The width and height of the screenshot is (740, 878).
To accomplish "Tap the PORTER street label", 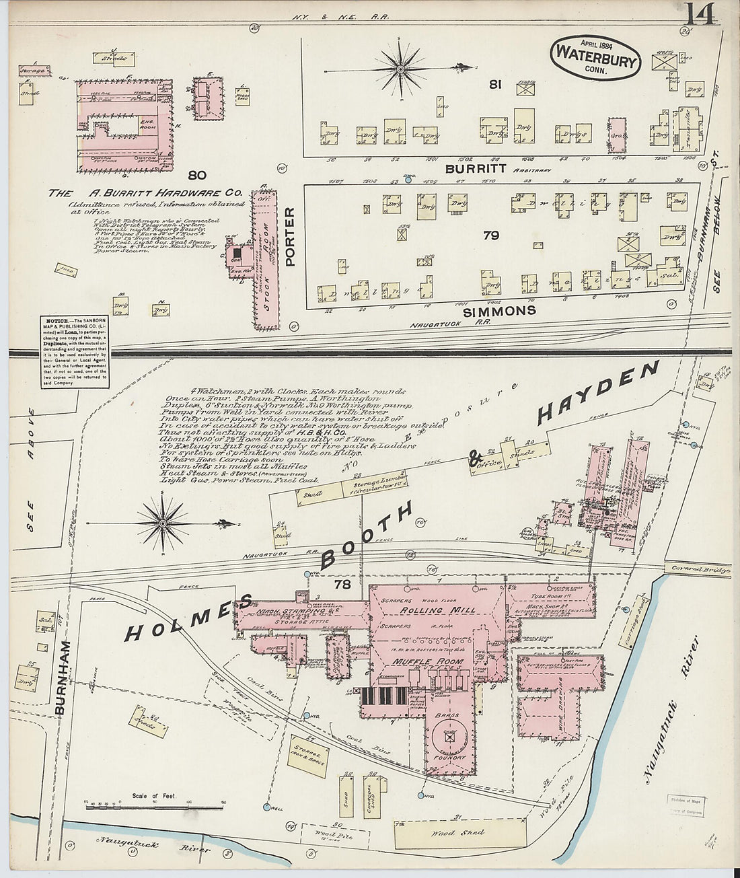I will [x=290, y=236].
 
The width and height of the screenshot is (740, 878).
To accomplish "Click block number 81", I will [x=496, y=85].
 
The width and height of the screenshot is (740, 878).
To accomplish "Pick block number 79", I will [x=490, y=235].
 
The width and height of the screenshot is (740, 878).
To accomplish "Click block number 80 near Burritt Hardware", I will [x=196, y=176].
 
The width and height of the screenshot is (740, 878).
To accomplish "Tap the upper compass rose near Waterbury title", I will [x=401, y=69].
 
